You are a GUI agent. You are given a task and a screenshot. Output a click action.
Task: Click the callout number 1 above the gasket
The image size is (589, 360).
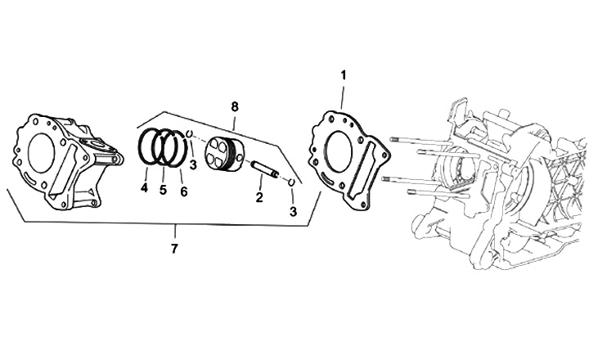(343, 74)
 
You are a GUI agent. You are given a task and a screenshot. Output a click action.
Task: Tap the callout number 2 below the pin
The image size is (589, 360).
(259, 197)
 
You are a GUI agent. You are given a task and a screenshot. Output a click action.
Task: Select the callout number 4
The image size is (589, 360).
(144, 188)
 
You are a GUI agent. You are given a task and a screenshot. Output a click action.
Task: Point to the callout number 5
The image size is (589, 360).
(163, 190)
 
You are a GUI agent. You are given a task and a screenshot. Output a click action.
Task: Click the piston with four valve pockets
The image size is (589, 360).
(226, 155)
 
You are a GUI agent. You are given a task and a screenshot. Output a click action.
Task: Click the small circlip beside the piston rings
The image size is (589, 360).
(188, 133)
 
